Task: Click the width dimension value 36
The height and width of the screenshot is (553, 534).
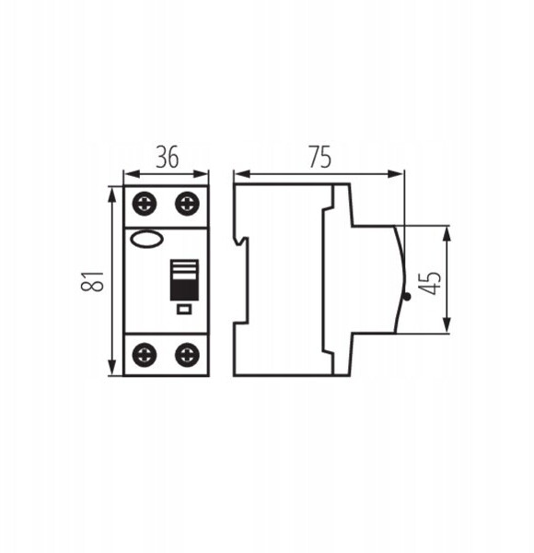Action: coord(168,157)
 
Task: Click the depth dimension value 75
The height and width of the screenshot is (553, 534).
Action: coord(320,157)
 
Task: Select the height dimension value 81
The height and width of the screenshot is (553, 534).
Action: coord(92,281)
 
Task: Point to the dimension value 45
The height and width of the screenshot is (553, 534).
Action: coord(429,283)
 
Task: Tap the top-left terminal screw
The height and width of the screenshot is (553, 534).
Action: coord(145,204)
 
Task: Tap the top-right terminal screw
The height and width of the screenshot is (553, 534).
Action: coord(188,204)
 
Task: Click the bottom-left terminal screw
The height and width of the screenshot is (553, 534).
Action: coord(145,355)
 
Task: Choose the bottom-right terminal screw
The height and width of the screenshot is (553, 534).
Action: coord(188,355)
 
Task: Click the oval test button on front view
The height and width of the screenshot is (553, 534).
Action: coord(147,239)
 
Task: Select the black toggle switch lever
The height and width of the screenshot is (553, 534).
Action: coord(184,280)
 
